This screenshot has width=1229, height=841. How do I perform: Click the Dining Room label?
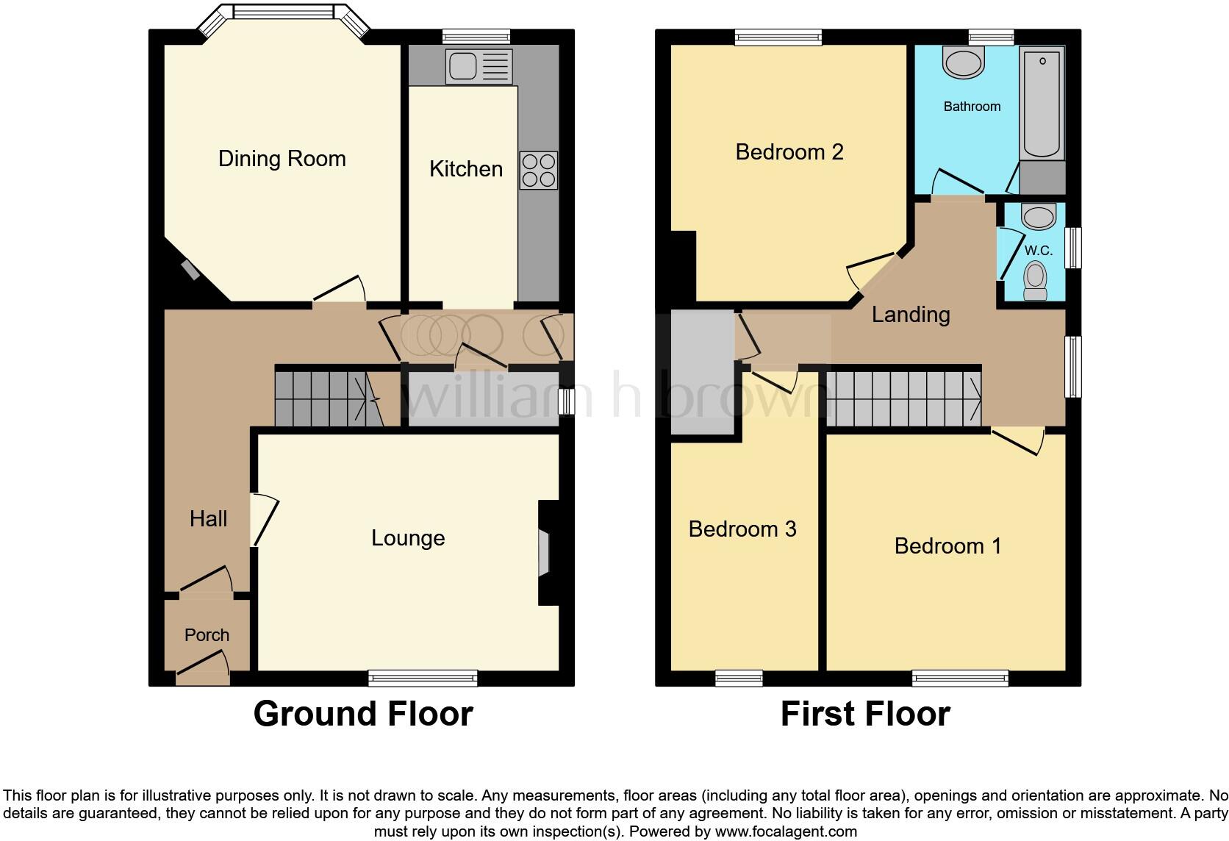click(x=282, y=159)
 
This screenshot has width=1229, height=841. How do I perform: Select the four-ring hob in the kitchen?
click(x=538, y=170)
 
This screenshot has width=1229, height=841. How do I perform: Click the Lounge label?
click(x=408, y=538)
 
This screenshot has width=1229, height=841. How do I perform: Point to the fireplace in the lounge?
click(x=545, y=553)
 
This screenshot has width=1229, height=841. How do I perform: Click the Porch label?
click(x=207, y=635)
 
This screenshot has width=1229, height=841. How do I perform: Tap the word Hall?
click(x=208, y=519)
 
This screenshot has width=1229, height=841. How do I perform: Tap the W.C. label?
click(x=1038, y=251)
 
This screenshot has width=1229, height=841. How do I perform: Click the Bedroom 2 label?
click(x=789, y=152)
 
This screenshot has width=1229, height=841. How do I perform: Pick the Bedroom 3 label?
click(x=742, y=529)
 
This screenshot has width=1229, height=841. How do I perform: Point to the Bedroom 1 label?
click(x=947, y=546)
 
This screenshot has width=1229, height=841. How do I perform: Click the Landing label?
click(x=911, y=315)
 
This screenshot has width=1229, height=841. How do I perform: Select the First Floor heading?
click(x=865, y=714)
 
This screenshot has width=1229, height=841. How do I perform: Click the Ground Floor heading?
click(x=362, y=714)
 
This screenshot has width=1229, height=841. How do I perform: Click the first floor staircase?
click(x=904, y=398)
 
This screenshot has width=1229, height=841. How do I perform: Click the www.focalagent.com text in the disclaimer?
click(x=785, y=832)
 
